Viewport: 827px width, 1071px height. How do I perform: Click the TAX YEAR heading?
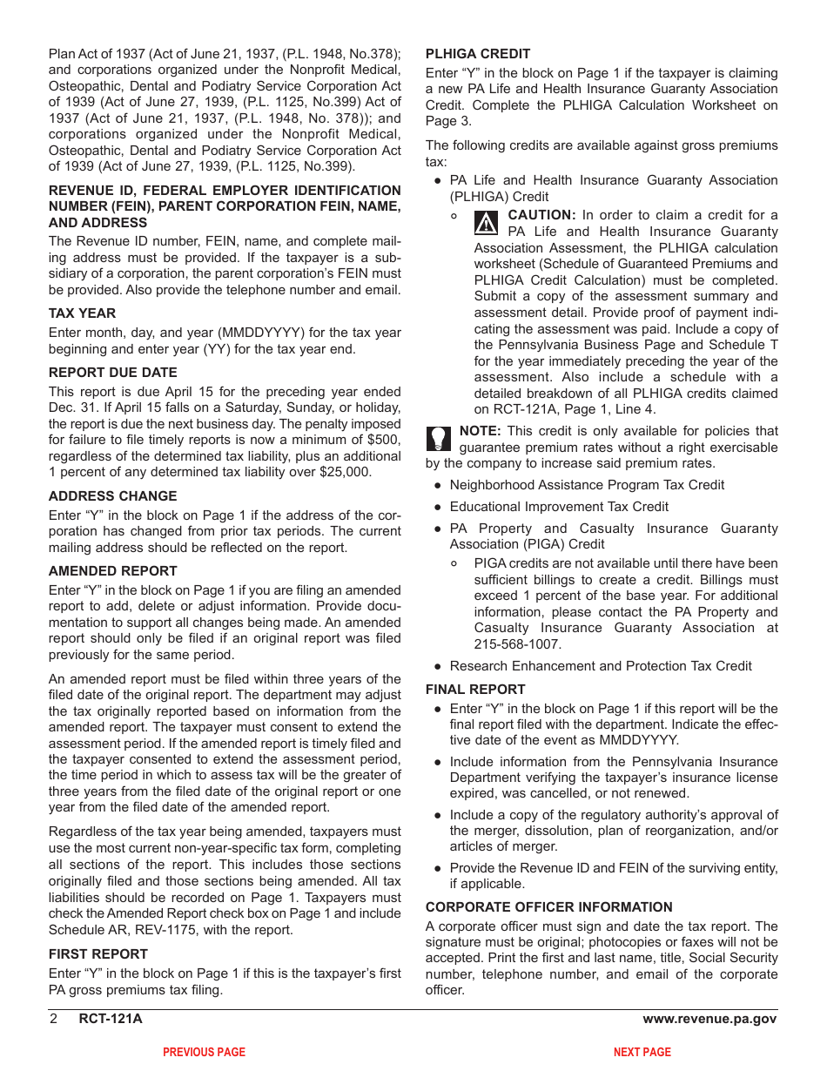tap(82, 313)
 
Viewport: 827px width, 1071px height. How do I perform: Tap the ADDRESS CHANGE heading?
tap(112, 496)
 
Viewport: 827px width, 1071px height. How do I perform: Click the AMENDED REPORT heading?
tap(112, 571)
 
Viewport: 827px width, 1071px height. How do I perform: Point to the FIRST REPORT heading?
tap(97, 953)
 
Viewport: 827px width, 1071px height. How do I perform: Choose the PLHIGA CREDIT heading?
tap(477, 54)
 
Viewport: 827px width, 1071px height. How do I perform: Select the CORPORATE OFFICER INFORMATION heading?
tap(548, 907)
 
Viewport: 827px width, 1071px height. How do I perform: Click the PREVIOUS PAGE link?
tap(204, 1053)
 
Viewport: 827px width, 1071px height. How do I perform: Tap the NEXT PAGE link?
tap(642, 1053)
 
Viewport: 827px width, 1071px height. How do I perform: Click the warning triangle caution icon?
tap(487, 223)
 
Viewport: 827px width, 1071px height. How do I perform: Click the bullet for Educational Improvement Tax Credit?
tap(438, 508)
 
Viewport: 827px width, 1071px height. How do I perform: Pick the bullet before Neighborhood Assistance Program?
tap(438, 486)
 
